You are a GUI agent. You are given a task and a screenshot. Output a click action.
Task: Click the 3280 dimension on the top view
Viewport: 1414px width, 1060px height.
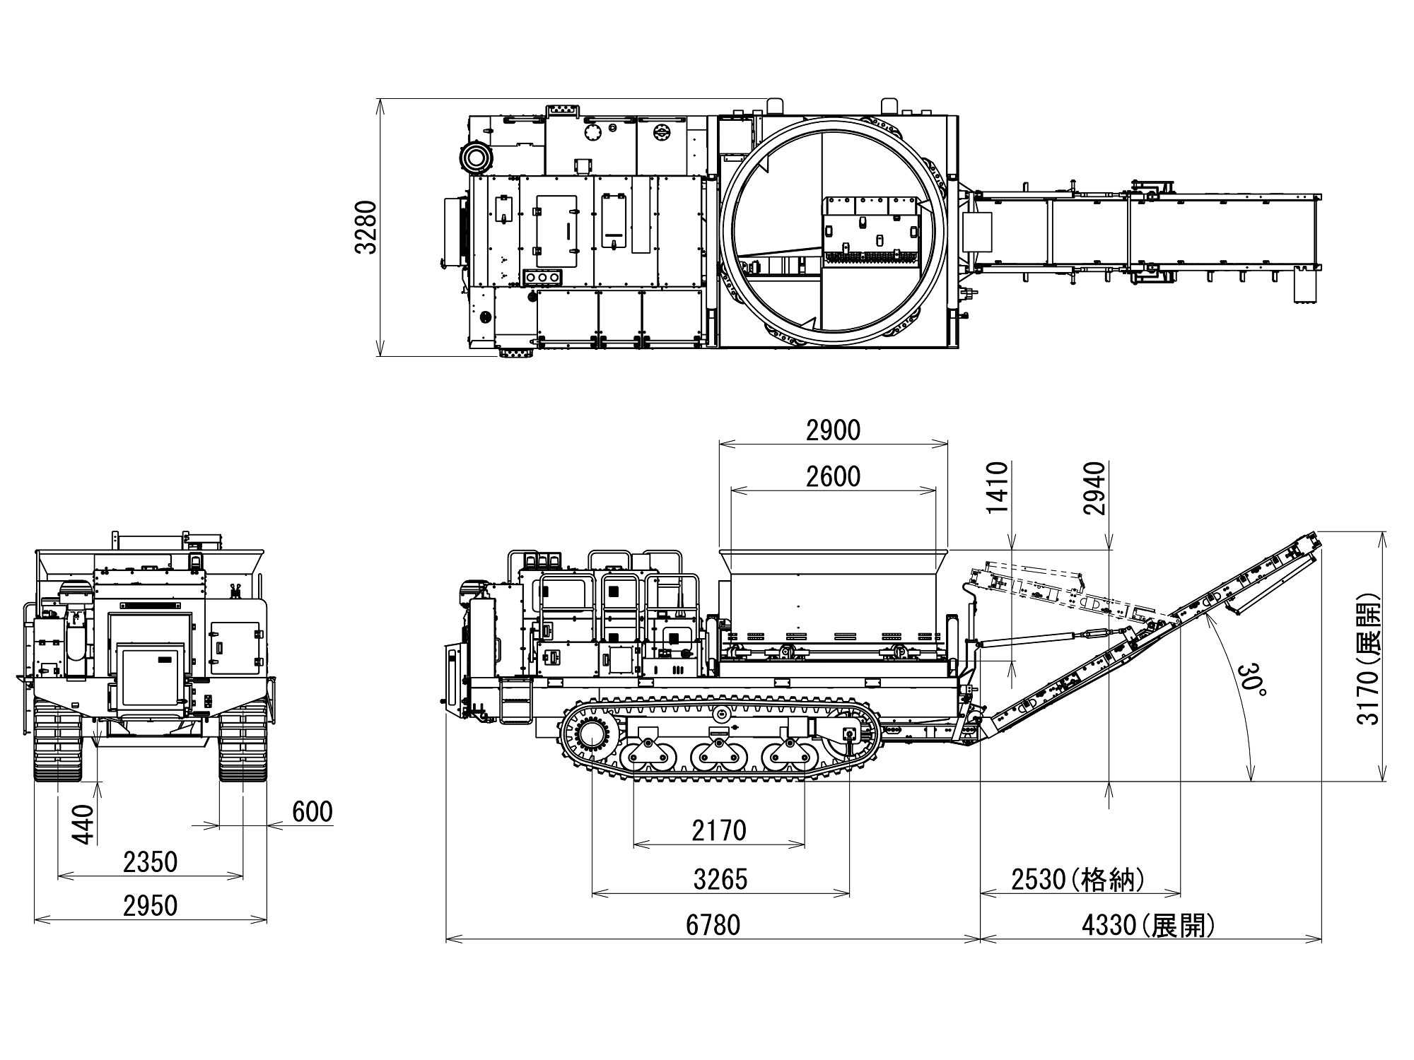(x=366, y=227)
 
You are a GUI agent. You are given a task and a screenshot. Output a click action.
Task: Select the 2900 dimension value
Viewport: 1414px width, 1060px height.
(x=833, y=430)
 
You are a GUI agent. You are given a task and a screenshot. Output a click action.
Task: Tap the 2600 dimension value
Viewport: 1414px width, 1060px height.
(x=833, y=477)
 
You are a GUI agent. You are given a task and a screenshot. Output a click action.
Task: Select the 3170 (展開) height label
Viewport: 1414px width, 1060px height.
(x=1369, y=659)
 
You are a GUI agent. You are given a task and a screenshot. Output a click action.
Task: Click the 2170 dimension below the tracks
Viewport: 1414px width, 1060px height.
(x=719, y=830)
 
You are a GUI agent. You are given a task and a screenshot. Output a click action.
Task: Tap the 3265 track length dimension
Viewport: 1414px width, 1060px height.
(x=720, y=879)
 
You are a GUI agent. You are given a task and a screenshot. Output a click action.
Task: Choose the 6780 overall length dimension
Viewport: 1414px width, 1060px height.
(x=713, y=925)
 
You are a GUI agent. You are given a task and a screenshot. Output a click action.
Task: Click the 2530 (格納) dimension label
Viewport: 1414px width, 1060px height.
(x=1077, y=880)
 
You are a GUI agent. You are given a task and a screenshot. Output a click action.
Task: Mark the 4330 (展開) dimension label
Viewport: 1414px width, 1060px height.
(x=1148, y=925)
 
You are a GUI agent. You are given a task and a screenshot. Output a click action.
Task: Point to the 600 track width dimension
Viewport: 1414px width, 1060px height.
(x=312, y=813)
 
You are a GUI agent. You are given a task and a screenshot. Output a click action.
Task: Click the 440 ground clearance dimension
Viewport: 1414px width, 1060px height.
(x=83, y=824)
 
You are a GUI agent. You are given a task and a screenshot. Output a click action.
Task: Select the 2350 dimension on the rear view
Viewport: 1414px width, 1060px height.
(x=150, y=862)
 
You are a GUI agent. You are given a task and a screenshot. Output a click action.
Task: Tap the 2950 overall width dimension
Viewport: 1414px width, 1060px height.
(x=150, y=906)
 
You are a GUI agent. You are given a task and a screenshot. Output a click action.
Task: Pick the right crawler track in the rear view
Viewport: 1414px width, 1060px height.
(x=243, y=742)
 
